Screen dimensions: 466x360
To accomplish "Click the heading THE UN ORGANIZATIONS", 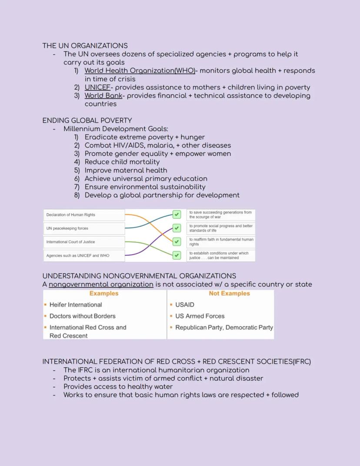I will (x=85, y=46).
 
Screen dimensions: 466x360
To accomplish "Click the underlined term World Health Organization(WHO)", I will (x=140, y=70).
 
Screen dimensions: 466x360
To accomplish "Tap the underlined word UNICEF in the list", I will (x=97, y=87).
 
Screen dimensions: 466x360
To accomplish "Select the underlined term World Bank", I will (x=103, y=95).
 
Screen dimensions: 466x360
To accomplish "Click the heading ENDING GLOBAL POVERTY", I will (x=87, y=121).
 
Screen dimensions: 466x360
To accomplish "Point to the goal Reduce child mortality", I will (x=122, y=162).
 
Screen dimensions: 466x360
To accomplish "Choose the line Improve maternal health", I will (x=126, y=170).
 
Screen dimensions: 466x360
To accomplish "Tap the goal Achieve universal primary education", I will (x=146, y=178).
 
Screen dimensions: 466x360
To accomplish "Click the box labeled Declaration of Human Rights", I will (x=84, y=215).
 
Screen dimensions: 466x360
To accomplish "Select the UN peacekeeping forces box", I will (x=84, y=228).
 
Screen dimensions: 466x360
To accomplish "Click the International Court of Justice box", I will (x=84, y=242).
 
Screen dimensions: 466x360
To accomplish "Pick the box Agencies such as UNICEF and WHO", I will (x=84, y=255).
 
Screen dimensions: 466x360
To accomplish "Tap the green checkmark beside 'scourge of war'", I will (x=177, y=215).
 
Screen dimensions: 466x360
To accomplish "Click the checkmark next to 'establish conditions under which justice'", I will (x=177, y=255).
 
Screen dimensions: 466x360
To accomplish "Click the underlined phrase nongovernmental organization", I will (x=101, y=285).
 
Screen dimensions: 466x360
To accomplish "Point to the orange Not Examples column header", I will (x=229, y=294).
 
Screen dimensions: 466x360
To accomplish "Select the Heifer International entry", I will (x=76, y=305).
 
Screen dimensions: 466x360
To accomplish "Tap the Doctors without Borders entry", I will (x=82, y=316).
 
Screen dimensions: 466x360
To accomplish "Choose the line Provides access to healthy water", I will (x=118, y=386).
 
